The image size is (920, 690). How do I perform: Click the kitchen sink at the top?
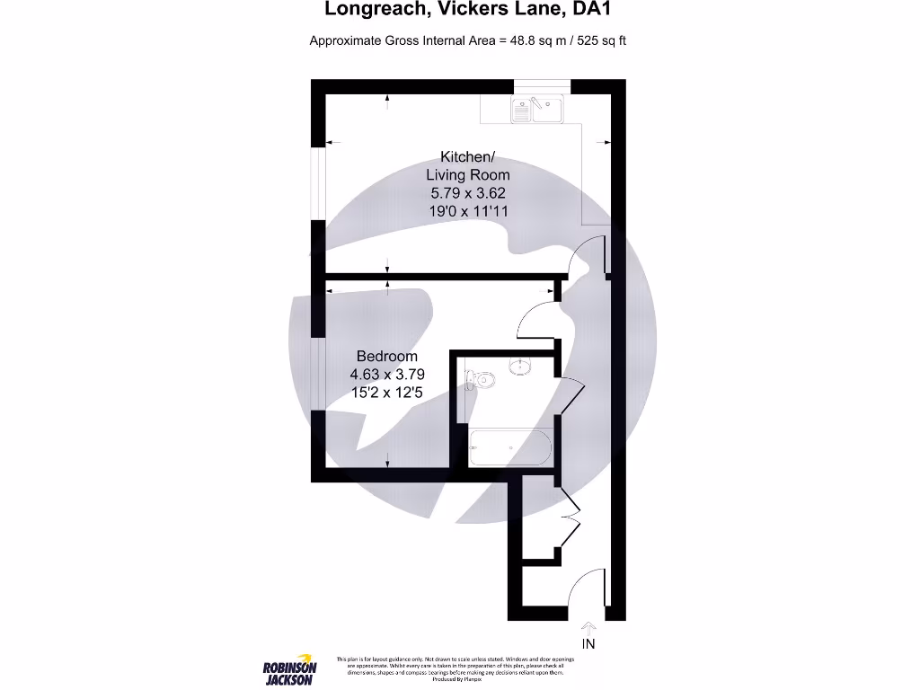coord(537,110)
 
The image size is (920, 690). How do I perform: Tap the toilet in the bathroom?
coord(482,379)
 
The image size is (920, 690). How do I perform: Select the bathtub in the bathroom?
coord(509,446)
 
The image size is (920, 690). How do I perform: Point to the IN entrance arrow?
coord(588,627)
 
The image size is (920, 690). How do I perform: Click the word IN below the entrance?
coord(588,644)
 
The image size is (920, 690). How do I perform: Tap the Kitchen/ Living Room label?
coord(467,165)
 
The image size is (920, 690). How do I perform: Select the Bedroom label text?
coord(386,356)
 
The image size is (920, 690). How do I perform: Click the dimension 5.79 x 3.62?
coord(467,192)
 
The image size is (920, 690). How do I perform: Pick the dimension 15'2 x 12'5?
coord(386,392)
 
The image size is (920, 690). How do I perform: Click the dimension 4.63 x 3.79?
coord(386,374)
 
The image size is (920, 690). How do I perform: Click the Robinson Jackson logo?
coord(289,668)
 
